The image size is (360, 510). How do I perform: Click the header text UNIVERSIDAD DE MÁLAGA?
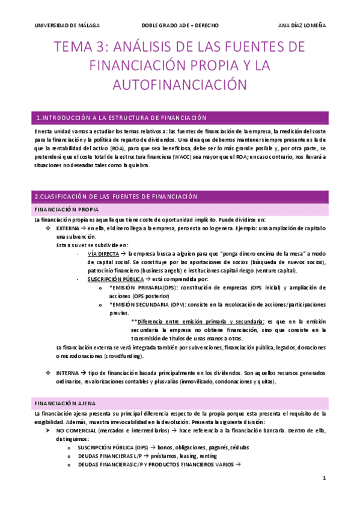tap(67, 26)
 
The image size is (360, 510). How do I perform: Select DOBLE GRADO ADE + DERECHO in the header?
tap(180, 26)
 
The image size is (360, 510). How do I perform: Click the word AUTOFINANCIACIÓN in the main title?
tap(180, 82)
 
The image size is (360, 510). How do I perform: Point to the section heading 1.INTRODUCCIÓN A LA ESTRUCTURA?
tap(121, 118)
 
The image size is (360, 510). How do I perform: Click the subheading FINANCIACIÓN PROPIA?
tap(66, 210)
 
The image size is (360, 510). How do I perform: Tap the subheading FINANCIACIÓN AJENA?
tap(65, 403)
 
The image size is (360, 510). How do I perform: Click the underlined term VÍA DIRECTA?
tap(103, 254)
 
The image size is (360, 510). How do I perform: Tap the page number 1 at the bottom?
tap(324, 479)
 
